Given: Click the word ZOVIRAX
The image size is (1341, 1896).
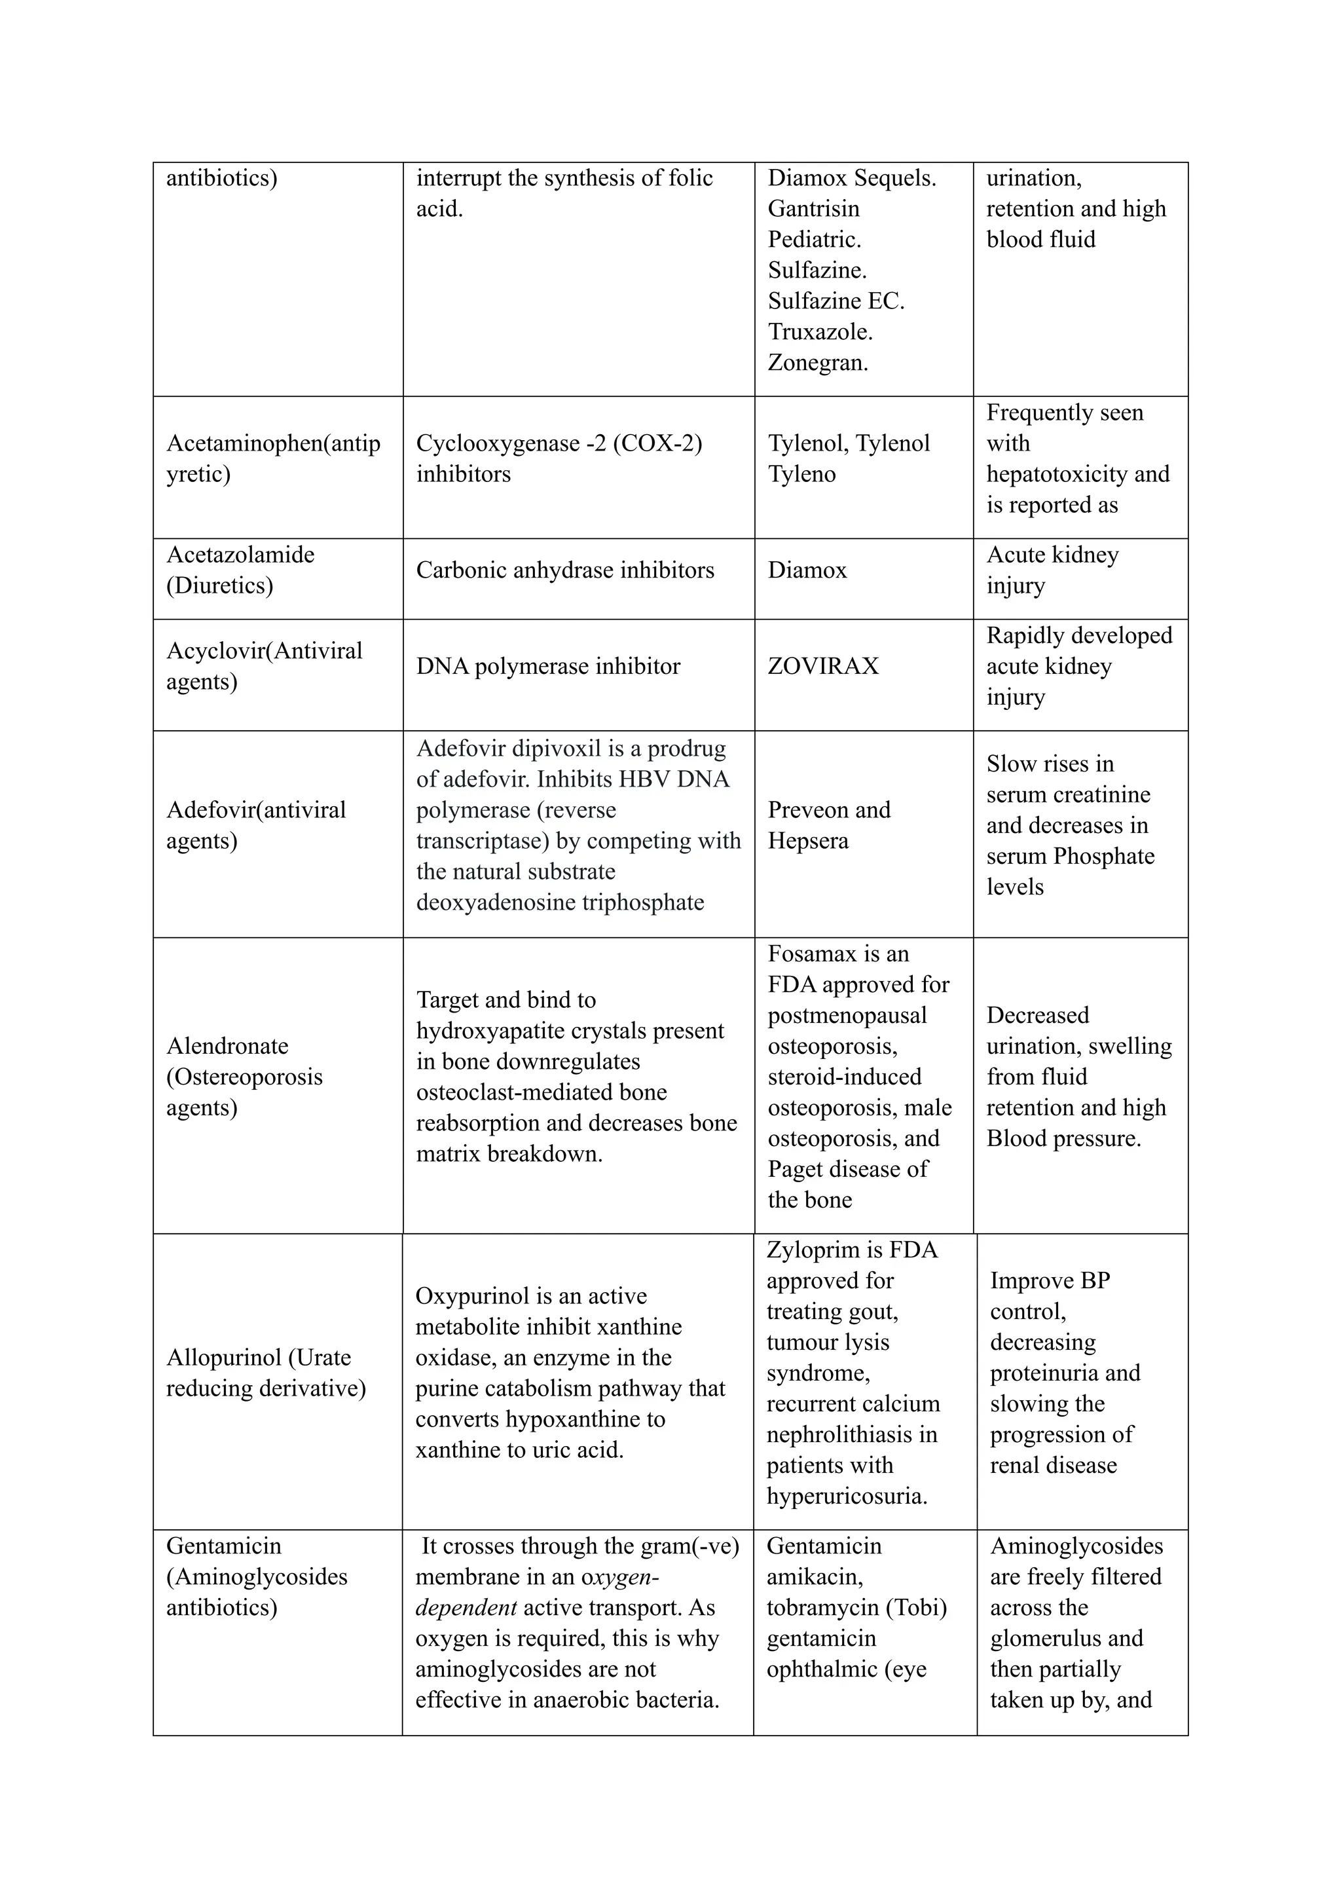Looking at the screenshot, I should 822,667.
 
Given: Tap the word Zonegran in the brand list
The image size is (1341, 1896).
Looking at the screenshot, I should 816,363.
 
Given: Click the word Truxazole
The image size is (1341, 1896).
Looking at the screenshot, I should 818,332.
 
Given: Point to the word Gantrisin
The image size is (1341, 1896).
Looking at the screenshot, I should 813,209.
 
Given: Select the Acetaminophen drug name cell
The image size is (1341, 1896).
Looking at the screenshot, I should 273,459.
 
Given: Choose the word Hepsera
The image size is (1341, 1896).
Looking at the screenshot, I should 807,841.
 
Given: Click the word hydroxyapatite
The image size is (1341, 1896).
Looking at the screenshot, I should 494,1031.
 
